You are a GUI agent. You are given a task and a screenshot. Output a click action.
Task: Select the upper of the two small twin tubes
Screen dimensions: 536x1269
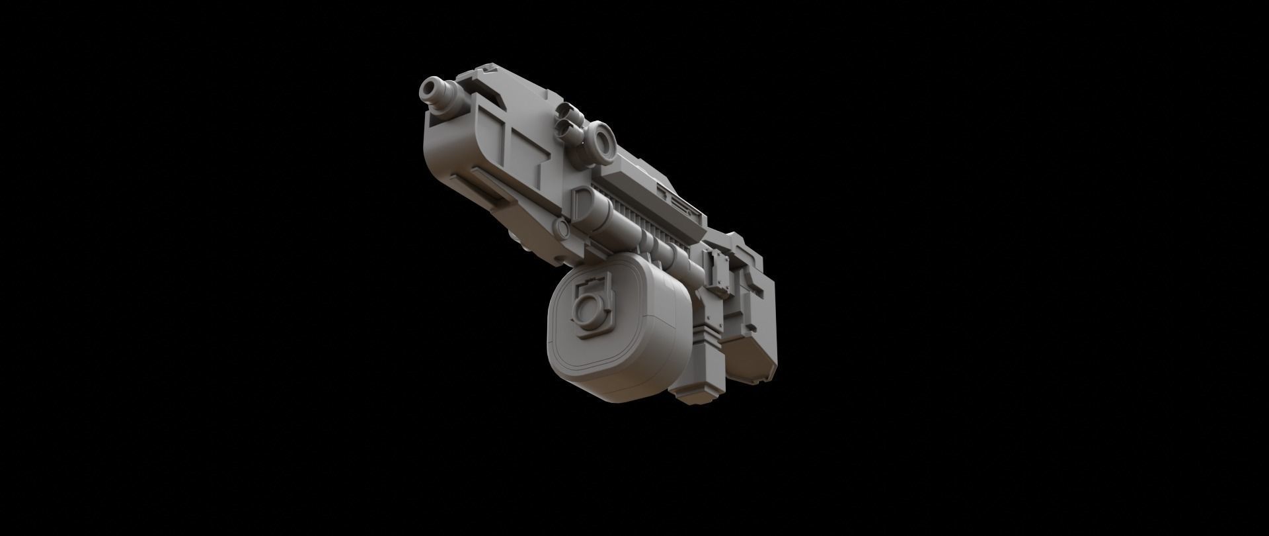point(568,112)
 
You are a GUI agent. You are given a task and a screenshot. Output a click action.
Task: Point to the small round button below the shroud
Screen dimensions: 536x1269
point(563,229)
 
